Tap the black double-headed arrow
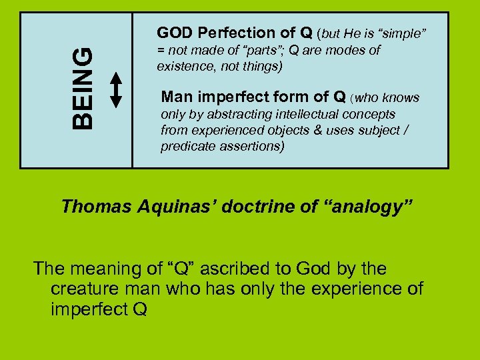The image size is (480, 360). (116, 89)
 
